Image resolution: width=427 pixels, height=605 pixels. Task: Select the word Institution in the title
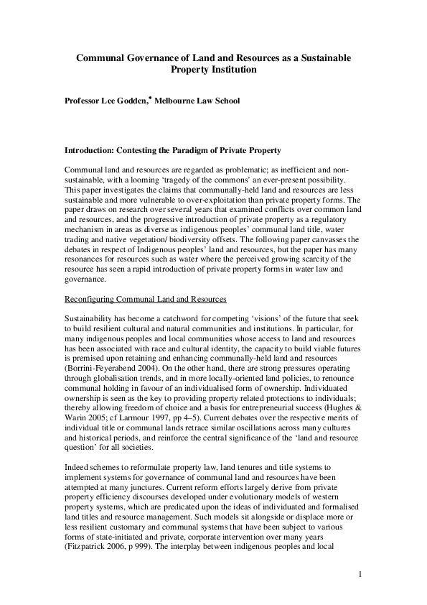[230, 70]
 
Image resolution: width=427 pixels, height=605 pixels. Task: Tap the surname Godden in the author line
[127, 102]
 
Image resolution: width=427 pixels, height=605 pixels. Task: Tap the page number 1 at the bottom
[360, 574]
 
